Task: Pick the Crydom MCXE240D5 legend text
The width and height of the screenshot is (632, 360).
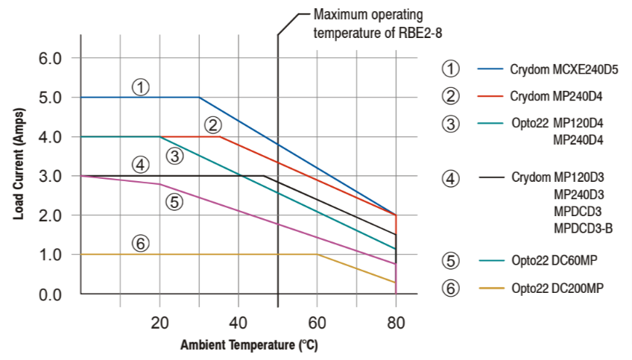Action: (x=564, y=70)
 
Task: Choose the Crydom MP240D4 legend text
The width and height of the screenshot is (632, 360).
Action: (x=556, y=97)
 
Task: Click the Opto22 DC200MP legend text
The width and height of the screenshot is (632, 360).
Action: (x=558, y=288)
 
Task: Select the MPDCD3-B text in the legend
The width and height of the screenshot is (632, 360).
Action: (x=583, y=228)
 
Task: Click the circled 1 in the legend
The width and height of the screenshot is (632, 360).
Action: (x=450, y=69)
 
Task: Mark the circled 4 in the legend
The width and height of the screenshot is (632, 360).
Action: (x=450, y=179)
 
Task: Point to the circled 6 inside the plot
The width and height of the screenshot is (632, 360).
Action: (x=140, y=242)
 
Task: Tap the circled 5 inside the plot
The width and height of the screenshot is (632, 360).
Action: (x=174, y=201)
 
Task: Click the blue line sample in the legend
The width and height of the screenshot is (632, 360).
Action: (x=490, y=69)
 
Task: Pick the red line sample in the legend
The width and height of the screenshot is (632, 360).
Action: (x=490, y=97)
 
